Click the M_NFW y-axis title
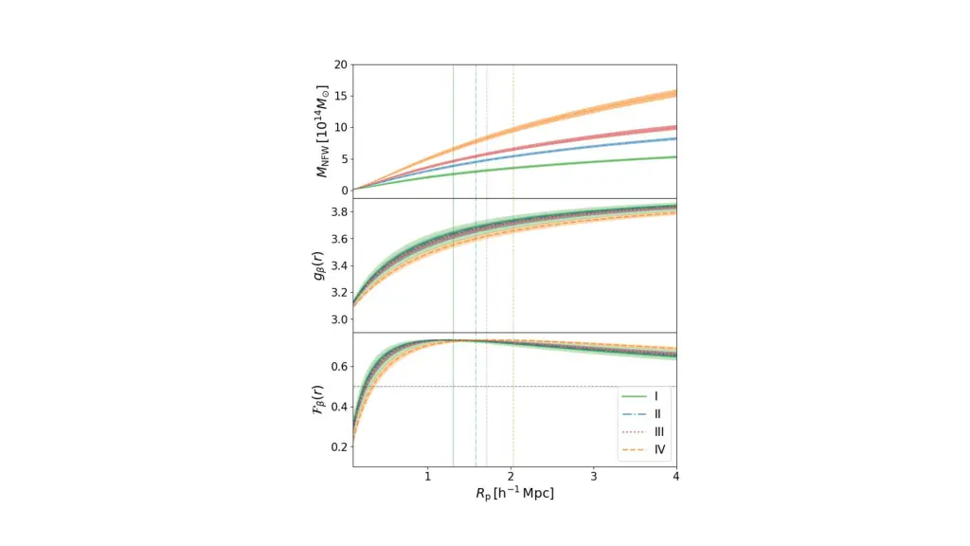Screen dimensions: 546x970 tap(323, 128)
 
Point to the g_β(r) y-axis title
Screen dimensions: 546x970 tap(323, 264)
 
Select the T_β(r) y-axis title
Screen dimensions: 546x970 tap(323, 399)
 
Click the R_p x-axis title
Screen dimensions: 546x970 tap(514, 494)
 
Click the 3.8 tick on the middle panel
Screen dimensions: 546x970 tap(338, 211)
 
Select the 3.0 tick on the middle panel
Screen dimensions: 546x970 tap(338, 319)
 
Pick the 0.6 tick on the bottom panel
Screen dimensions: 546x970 tap(338, 367)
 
